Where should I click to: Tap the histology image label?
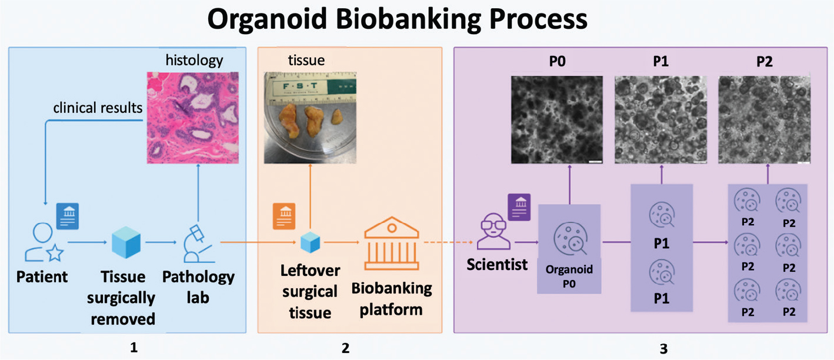click(194, 60)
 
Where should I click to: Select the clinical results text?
click(98, 108)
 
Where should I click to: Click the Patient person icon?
click(42, 244)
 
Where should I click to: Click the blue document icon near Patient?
click(67, 215)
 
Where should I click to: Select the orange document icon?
click(284, 216)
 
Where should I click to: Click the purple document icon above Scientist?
click(519, 206)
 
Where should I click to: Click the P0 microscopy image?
click(557, 119)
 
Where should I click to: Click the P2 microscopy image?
click(764, 119)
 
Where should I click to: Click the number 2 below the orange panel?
click(345, 349)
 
